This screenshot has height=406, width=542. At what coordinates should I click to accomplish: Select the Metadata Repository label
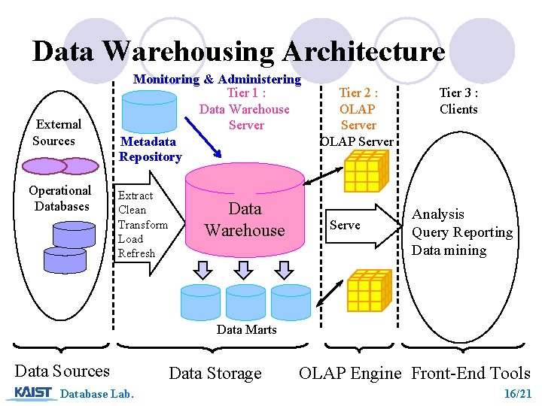point(151,149)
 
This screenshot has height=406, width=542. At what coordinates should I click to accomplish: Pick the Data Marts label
point(246,329)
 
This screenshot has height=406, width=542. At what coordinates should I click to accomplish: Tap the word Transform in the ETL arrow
point(143,225)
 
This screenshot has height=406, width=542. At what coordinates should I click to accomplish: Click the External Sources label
point(57,132)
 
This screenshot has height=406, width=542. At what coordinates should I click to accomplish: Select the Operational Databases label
point(60,198)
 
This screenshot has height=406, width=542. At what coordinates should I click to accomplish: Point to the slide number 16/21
point(518,393)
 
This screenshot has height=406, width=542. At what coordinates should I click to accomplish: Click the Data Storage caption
point(215,373)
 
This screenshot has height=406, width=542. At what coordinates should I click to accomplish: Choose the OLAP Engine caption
point(350,373)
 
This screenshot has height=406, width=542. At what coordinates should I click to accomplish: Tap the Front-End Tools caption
point(470,373)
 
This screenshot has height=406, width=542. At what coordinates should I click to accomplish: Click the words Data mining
point(449,250)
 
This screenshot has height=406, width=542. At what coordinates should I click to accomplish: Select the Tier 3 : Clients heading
point(458,101)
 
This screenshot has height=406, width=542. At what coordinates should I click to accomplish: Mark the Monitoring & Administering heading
point(217,79)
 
